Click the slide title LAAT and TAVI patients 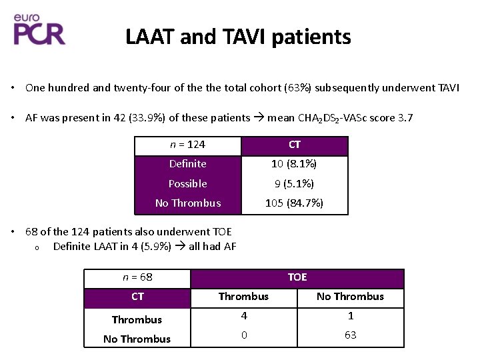click(x=238, y=37)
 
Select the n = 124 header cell click(x=187, y=145)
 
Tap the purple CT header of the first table click(x=294, y=145)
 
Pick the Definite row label click(x=187, y=164)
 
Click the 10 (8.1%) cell click(x=294, y=164)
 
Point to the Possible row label click(x=187, y=184)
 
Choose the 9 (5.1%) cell click(x=294, y=184)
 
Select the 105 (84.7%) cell click(x=294, y=203)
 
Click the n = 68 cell click(x=137, y=277)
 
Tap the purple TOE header click(x=297, y=277)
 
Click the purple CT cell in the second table click(x=137, y=297)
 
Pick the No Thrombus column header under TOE click(x=350, y=297)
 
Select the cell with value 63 click(x=350, y=335)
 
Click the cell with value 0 click(x=243, y=335)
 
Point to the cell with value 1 click(x=350, y=316)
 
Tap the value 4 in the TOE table click(x=243, y=316)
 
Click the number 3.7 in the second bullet click(x=405, y=118)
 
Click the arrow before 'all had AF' click(x=181, y=247)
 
